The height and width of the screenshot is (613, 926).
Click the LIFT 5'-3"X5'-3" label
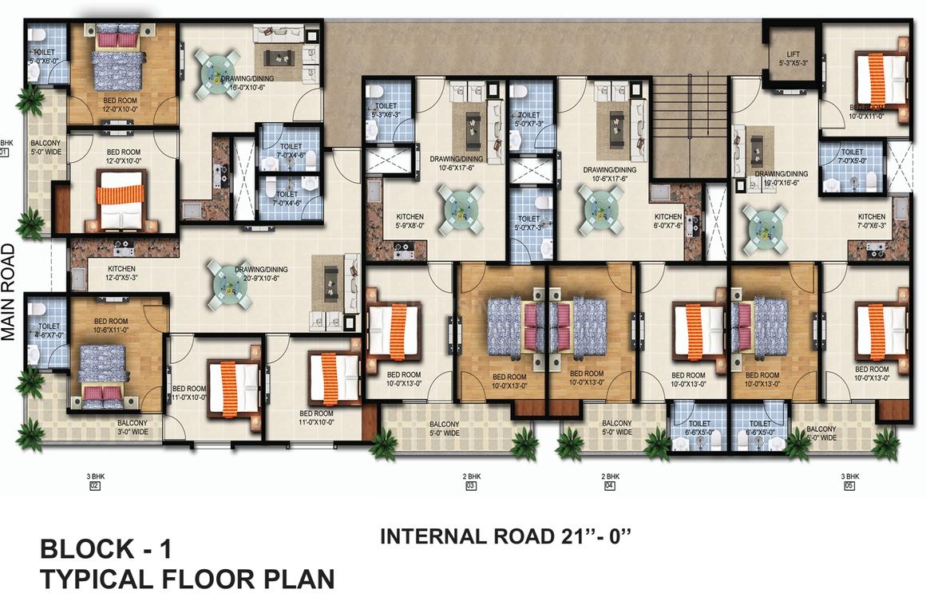coord(792,58)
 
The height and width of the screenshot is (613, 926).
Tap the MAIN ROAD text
coord(10,292)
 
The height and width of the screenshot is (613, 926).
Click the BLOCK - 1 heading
coord(105,550)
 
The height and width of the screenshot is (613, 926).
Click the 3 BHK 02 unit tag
coord(94,481)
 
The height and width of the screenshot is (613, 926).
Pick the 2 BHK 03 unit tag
coord(470,481)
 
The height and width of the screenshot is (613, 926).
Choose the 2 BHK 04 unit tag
coord(610,481)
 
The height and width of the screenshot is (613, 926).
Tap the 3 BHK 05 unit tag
coord(848,481)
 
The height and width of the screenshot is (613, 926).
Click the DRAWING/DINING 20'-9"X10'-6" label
coord(261,274)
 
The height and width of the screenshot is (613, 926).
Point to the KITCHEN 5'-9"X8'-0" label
coord(410,221)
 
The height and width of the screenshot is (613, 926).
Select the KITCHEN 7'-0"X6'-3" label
coord(871,221)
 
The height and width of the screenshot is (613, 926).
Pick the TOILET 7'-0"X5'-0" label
coord(852,156)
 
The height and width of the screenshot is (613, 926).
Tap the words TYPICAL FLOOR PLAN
coord(187,579)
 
